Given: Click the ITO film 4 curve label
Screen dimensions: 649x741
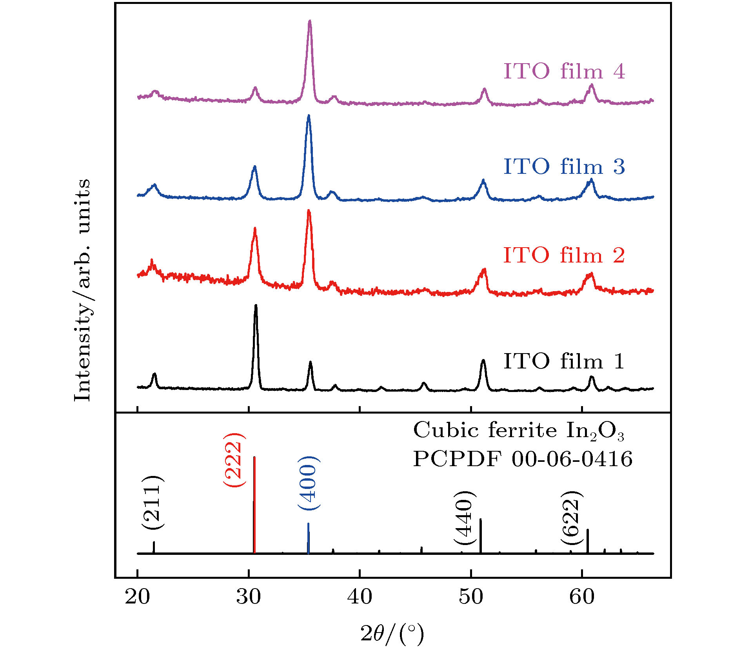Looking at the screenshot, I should point(564,71).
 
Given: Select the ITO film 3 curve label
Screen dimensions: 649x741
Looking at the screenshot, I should point(564,167).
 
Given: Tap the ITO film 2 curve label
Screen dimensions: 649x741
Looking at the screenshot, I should point(564,255).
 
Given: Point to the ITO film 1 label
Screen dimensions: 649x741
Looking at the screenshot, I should point(564,361).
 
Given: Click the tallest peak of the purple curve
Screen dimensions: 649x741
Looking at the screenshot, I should point(310,21).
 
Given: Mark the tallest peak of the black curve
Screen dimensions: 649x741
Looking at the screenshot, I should point(256,306).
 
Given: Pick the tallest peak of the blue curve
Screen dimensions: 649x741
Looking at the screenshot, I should point(309,116).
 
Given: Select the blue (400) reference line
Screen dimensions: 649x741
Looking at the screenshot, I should point(309,538).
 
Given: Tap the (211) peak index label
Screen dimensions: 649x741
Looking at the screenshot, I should point(152,502).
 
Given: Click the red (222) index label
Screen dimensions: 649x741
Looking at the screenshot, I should point(234,460).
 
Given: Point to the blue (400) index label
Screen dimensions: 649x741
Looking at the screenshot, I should point(309,483).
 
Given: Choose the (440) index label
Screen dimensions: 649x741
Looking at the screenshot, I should point(465,517).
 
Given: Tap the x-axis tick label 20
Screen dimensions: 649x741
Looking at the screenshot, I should point(137,597).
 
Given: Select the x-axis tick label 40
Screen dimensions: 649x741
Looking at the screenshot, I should point(360,597).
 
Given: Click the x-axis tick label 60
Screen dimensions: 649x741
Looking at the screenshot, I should point(582,597).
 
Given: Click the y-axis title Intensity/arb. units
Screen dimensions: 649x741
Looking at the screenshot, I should point(82,290).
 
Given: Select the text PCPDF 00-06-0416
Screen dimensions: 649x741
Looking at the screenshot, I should point(523,459).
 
